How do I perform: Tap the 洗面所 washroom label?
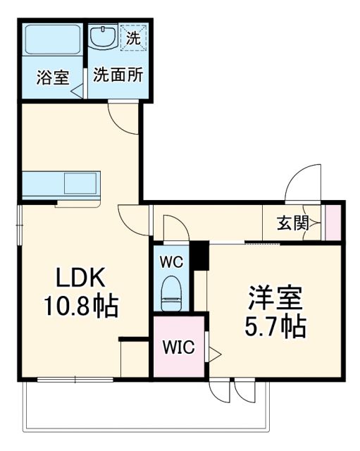pyautogui.click(x=118, y=74)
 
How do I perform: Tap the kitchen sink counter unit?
pyautogui.click(x=63, y=185)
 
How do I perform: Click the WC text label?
pyautogui.click(x=171, y=261)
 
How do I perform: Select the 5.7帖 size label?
pyautogui.click(x=275, y=328)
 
